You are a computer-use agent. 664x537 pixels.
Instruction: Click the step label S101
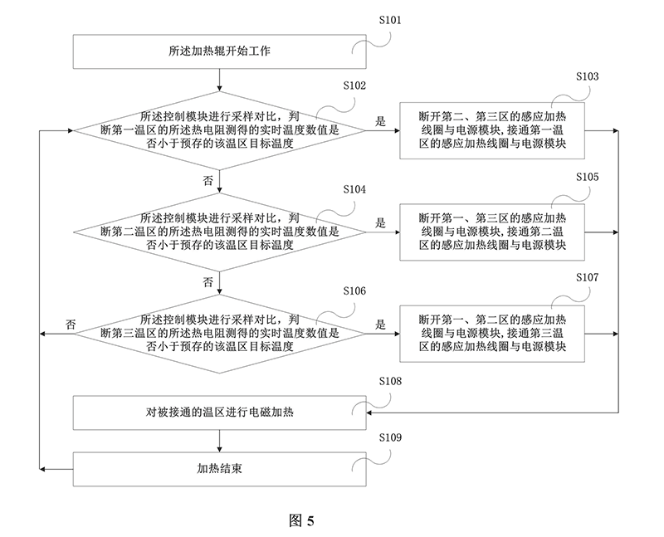[x=389, y=20]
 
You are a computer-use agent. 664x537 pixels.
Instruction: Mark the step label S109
[x=389, y=437]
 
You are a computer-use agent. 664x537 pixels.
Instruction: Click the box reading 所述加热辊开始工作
[x=219, y=51]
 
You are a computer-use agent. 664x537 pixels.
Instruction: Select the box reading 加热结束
[x=219, y=468]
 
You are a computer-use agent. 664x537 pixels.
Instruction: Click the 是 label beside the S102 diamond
[x=381, y=121]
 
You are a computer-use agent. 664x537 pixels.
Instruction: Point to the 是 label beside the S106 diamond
[x=381, y=325]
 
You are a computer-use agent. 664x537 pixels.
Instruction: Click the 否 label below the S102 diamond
[x=207, y=179]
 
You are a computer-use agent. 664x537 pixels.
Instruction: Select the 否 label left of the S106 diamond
[x=71, y=325]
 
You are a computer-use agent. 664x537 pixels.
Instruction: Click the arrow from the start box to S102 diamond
[x=219, y=78]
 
